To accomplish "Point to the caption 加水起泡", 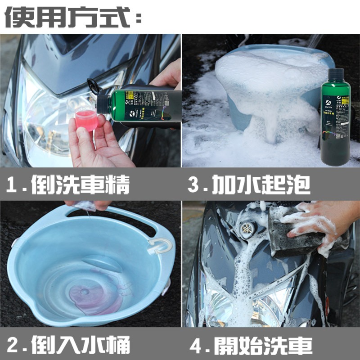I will (x=261, y=185).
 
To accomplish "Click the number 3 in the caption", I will (x=194, y=185).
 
